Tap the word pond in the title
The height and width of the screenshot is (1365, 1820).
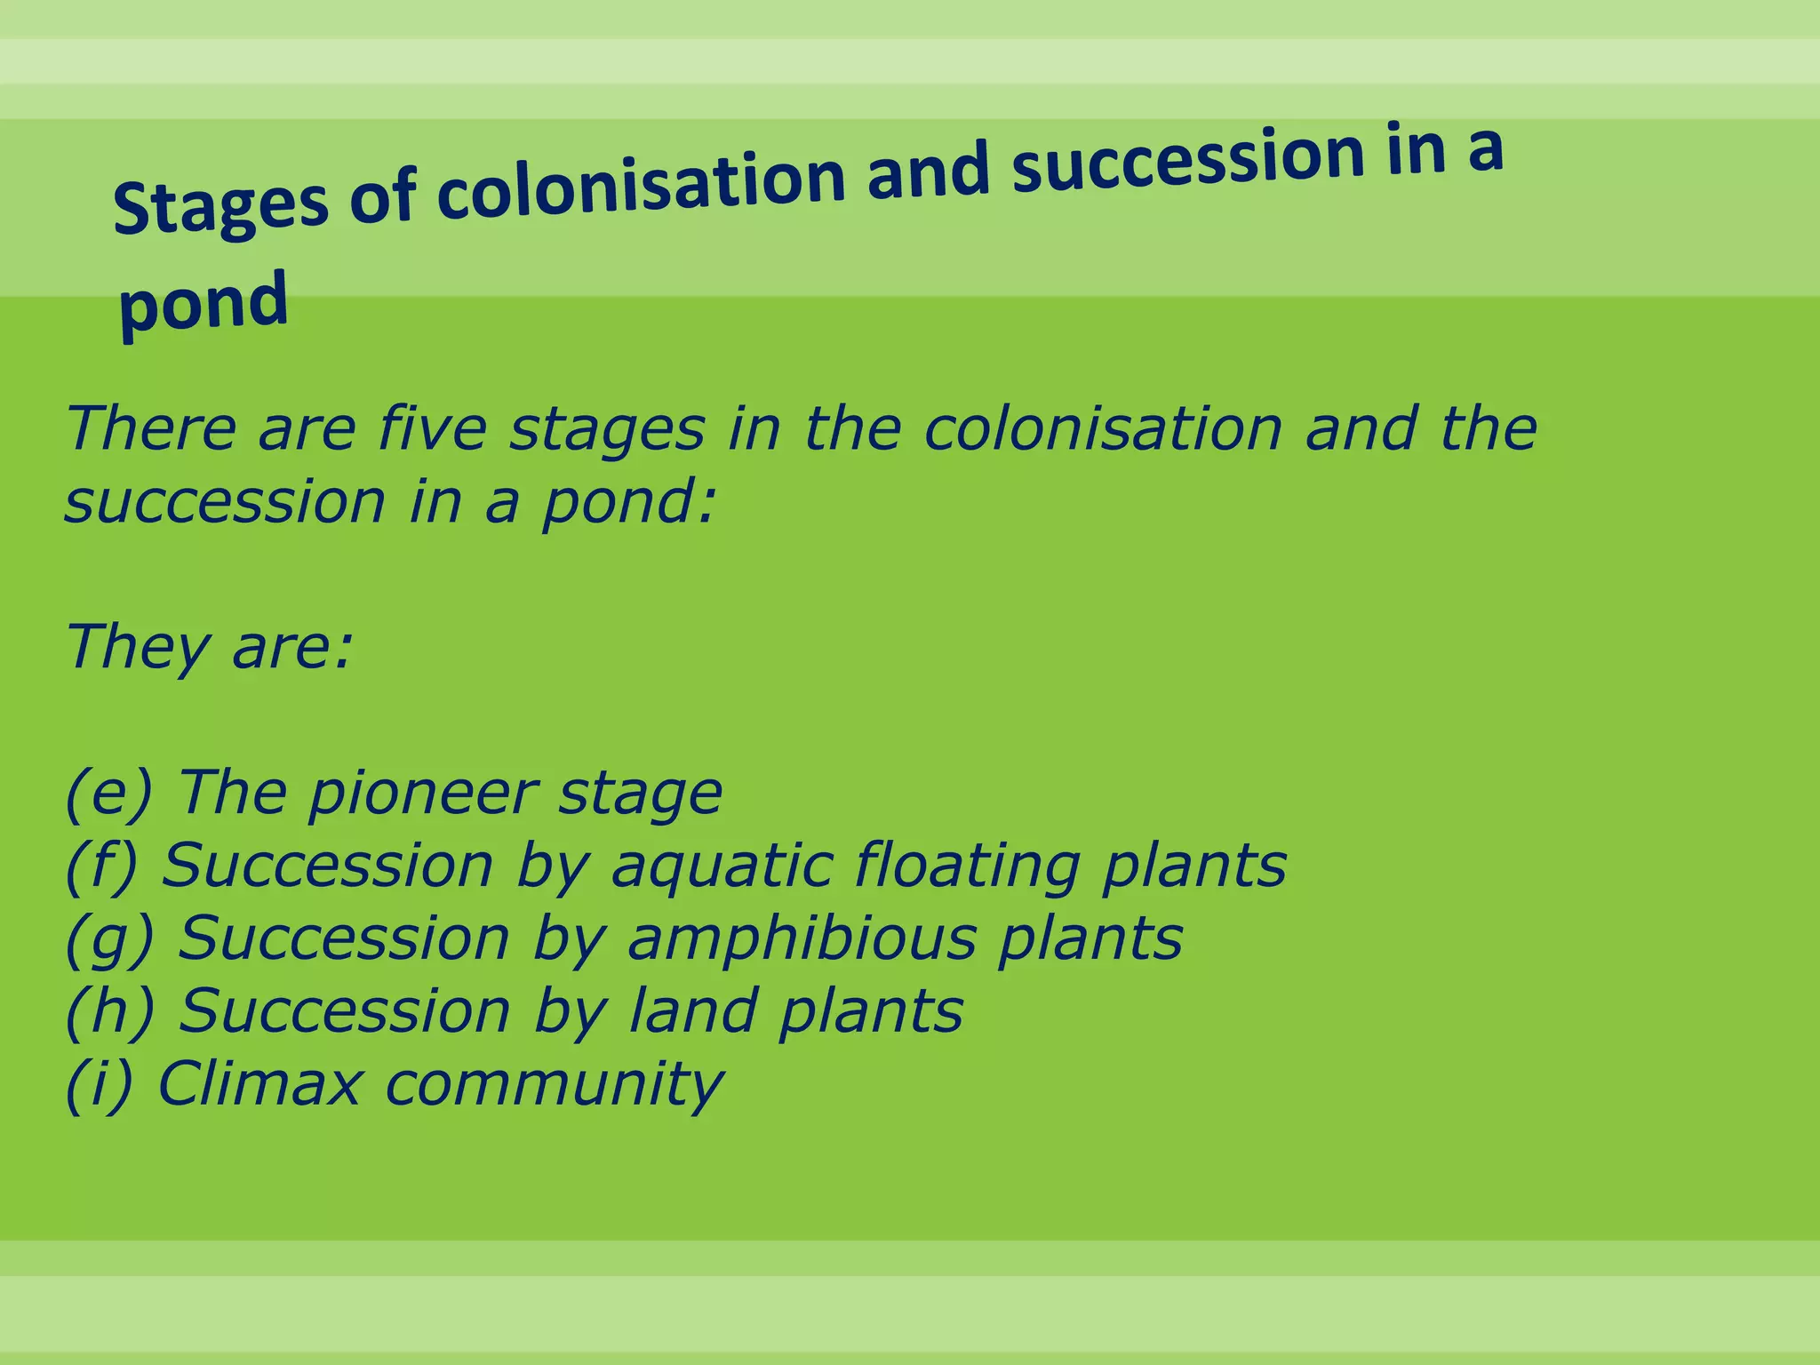204,303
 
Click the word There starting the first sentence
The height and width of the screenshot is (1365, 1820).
151,428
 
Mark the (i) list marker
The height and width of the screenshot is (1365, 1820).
98,1084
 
